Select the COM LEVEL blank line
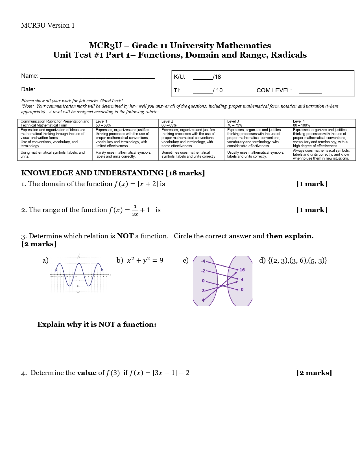point(310,92)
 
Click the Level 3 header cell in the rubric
point(257,123)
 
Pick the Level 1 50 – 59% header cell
point(125,123)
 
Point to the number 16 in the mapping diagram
point(242,270)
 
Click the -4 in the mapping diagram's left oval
point(203,261)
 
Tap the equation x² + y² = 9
point(145,260)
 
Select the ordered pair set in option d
point(297,260)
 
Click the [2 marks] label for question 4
point(314,373)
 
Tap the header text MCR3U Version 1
point(48,25)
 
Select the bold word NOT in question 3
point(125,236)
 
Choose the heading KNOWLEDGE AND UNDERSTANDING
point(92,173)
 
